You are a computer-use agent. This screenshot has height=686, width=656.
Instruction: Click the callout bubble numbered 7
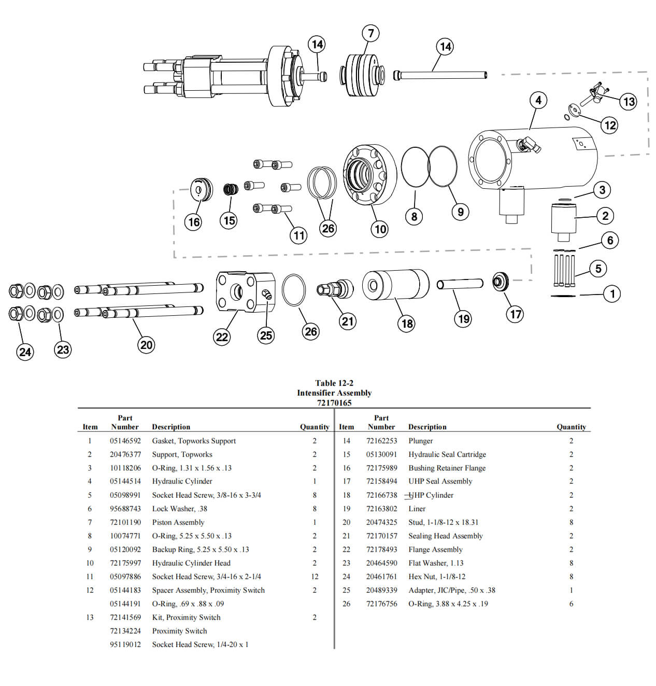point(370,34)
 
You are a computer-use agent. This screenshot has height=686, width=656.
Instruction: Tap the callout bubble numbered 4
point(538,100)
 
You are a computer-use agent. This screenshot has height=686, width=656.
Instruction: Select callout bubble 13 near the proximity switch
point(629,102)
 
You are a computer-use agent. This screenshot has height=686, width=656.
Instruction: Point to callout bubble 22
point(222,337)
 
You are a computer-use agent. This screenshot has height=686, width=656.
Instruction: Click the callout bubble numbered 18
point(407,324)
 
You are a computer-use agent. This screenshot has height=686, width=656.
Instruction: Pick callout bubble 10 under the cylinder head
point(380,229)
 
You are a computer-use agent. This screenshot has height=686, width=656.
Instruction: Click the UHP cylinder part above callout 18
point(395,285)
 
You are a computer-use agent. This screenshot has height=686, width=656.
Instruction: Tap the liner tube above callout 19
point(460,284)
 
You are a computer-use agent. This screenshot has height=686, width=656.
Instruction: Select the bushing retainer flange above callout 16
point(201,189)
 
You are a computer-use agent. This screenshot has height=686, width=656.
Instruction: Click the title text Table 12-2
point(334,383)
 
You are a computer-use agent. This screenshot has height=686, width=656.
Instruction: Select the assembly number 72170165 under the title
point(334,403)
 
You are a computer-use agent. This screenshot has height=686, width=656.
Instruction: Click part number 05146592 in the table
point(125,441)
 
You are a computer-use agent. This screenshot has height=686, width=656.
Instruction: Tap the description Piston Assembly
point(178,522)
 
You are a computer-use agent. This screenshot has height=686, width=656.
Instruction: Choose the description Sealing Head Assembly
point(445,536)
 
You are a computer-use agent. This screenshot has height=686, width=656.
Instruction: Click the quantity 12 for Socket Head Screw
point(315,577)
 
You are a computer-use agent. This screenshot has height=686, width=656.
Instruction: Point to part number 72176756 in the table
point(381,604)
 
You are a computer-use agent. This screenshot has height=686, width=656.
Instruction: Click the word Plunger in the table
point(420,441)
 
